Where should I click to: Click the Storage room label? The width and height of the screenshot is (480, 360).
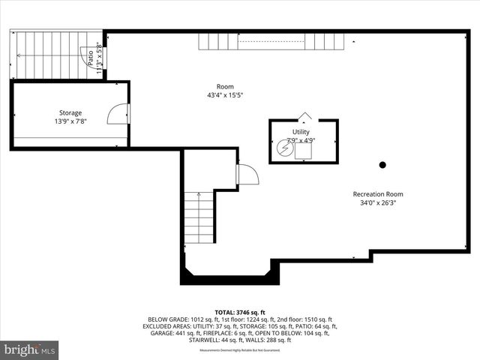70,112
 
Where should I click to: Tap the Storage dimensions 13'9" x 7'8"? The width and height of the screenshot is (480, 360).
70,121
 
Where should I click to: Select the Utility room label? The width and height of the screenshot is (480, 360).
301,131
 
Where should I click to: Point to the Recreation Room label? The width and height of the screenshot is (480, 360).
378,194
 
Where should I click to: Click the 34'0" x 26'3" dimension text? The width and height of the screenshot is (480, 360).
378,202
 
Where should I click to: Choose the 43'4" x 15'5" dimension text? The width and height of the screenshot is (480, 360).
225,95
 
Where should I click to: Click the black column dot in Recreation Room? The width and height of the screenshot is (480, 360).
382,165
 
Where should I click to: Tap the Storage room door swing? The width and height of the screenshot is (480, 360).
118,114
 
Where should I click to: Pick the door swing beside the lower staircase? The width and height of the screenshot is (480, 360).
247,175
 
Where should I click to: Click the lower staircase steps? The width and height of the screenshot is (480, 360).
199,218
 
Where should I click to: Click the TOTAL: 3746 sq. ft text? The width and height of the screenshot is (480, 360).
240,312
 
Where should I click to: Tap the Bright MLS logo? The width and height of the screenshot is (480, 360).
30,349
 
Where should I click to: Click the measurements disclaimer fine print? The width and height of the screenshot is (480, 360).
240,350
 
